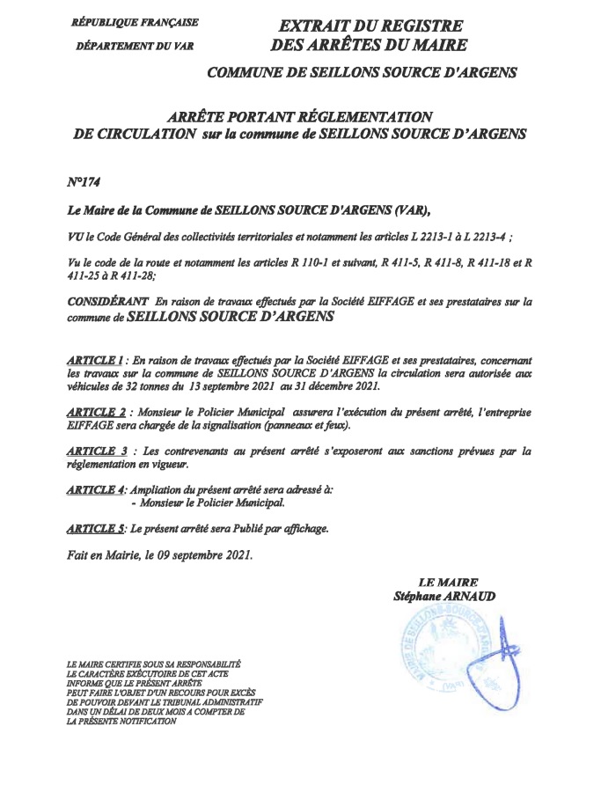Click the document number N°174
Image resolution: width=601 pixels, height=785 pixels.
pyautogui.click(x=84, y=182)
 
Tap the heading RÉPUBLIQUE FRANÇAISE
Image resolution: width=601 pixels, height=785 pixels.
pyautogui.click(x=135, y=22)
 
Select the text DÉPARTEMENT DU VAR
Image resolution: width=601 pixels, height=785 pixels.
pyautogui.click(x=135, y=45)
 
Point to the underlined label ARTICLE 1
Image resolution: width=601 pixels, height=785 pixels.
pyautogui.click(x=94, y=362)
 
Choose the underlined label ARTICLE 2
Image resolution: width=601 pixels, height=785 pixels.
pyautogui.click(x=96, y=412)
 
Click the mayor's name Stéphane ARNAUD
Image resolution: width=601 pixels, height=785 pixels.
pyautogui.click(x=444, y=597)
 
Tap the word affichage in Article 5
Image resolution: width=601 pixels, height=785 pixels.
pyautogui.click(x=300, y=529)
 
